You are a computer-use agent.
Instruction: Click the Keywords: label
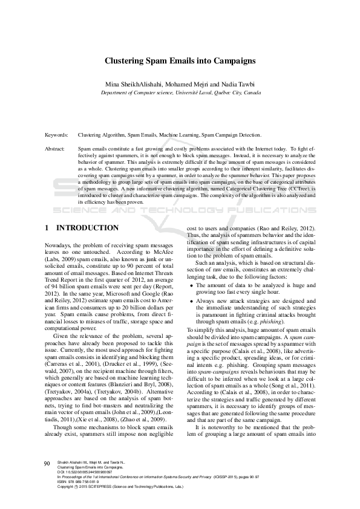point(57,136)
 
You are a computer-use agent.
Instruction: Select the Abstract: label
point(56,148)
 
